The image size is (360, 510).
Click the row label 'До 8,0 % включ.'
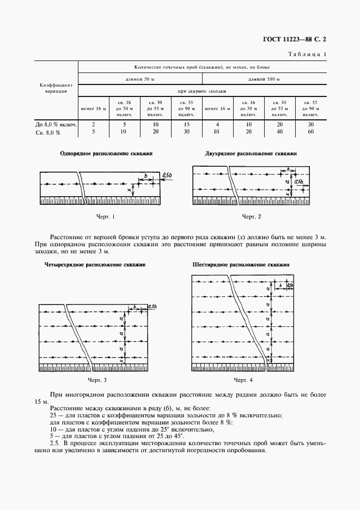(x=56, y=124)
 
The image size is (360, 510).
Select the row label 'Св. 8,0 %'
(x=46, y=132)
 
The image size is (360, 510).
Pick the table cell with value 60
(x=310, y=132)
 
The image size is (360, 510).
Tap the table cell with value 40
(x=279, y=132)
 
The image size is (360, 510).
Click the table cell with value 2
(x=94, y=124)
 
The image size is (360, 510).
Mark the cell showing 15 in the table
(x=186, y=124)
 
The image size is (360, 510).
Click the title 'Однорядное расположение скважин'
(x=105, y=154)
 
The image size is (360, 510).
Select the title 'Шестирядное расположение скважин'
(x=241, y=265)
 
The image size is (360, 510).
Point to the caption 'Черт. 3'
(x=97, y=379)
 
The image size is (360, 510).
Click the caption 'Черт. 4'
(x=243, y=379)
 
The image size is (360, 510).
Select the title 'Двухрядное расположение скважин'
(x=251, y=154)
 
